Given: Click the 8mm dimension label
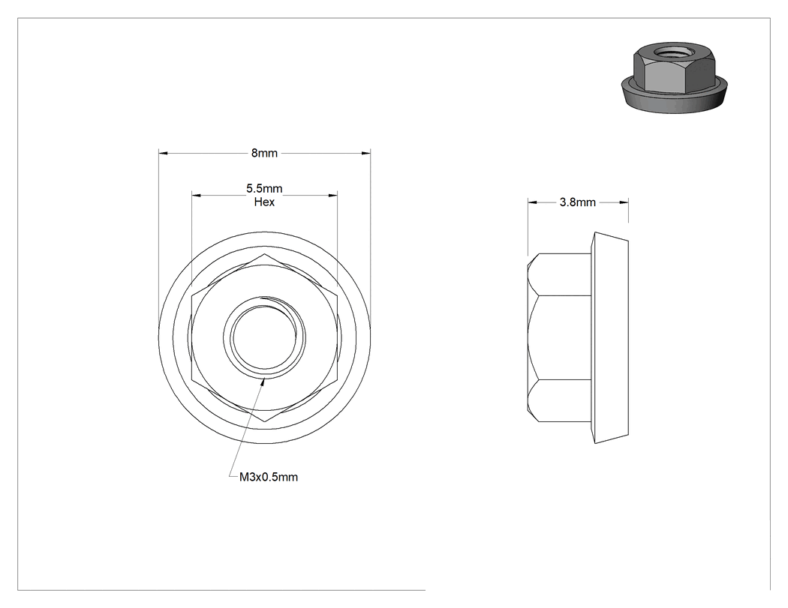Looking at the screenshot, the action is tap(264, 153).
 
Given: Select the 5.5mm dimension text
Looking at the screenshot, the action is tap(264, 189).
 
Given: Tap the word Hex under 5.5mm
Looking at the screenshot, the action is tap(264, 202).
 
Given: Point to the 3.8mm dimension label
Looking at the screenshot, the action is tap(577, 202).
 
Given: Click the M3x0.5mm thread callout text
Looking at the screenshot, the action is tap(269, 477).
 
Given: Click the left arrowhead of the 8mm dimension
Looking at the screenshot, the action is tap(163, 153).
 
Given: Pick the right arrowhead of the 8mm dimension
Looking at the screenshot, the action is tap(366, 153).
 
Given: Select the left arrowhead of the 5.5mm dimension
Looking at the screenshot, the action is tap(196, 195).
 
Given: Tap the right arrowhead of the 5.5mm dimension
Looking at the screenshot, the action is tap(332, 195).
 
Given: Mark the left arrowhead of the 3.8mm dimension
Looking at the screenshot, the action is tap(532, 202).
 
